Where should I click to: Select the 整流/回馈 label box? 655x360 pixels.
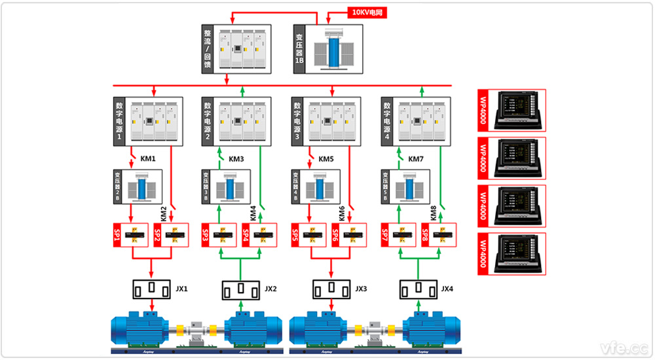208,48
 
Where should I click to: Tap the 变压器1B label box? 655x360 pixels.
299,48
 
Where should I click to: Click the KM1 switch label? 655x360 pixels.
148,158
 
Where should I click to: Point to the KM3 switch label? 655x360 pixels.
236,158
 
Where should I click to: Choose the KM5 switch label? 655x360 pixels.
326,158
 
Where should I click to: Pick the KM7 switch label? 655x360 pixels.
417,158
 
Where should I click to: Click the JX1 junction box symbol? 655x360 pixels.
153,288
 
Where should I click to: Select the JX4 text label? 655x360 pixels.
447,289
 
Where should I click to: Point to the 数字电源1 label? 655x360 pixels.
119,120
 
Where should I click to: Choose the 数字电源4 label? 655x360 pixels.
386,120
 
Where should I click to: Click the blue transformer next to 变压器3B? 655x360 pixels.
231,188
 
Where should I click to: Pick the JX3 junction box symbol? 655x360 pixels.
331,288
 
